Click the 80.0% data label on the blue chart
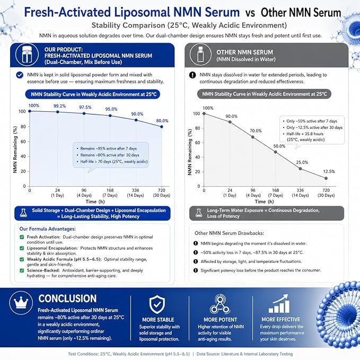pyautogui.click(x=162, y=121)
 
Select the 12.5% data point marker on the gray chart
pyautogui.click(x=326, y=178)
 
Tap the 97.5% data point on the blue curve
pyautogui.click(x=84, y=113)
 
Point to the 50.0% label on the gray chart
pyautogui.click(x=279, y=146)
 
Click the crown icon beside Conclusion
pyautogui.click(x=21, y=303)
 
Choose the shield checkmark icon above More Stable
pyautogui.click(x=157, y=304)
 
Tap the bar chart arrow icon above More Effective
pyautogui.click(x=279, y=303)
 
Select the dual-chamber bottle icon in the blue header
pyautogui.click(x=27, y=55)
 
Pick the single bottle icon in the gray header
pyautogui.click(x=200, y=55)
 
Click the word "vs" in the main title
pyautogui.click(x=250, y=13)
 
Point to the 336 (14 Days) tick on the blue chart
pyautogui.click(x=135, y=192)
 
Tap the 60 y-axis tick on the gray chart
pyautogui.click(x=197, y=143)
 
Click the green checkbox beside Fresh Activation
pyautogui.click(x=22, y=237)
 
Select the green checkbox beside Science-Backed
pyautogui.click(x=22, y=270)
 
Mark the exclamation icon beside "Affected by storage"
pyautogui.click(x=196, y=261)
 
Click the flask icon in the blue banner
pyautogui.click(x=23, y=213)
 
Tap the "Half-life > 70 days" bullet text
pyautogui.click(x=114, y=161)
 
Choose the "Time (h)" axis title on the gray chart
pyautogui.click(x=264, y=201)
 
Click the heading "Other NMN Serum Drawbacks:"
pyautogui.click(x=229, y=233)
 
